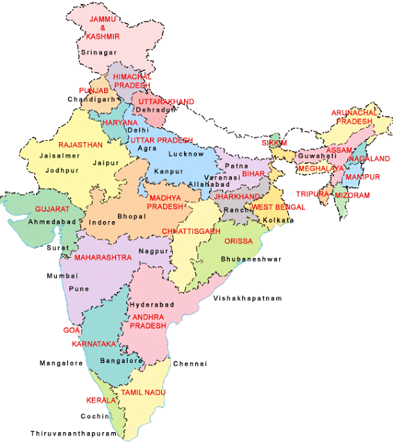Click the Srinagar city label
tap(99, 52)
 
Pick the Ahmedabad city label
tap(53, 222)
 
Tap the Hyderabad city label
tap(150, 305)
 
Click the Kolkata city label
tap(279, 220)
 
